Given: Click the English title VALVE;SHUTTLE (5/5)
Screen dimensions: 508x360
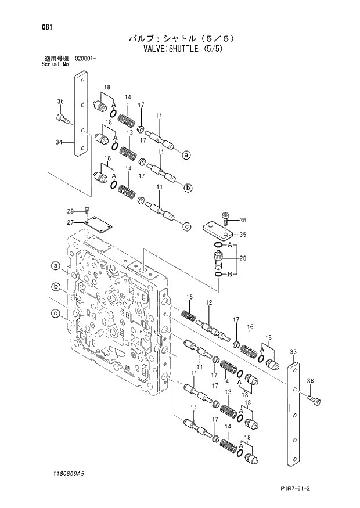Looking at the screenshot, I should [183, 49].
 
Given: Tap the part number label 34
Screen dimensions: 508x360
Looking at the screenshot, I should [59, 142].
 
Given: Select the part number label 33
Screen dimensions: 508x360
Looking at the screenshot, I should [293, 352].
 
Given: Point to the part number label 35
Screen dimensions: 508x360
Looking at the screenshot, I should [243, 235].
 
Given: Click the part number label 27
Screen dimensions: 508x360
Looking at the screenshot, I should [70, 222].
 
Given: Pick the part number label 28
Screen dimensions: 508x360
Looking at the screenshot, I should [70, 211].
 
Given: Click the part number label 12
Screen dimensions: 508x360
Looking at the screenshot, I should [209, 302].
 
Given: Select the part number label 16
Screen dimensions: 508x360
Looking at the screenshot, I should [250, 327].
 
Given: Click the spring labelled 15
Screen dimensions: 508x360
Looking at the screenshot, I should [189, 316].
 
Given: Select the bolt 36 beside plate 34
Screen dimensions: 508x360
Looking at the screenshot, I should [63, 119].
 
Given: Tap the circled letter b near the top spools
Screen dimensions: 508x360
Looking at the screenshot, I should [188, 188].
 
